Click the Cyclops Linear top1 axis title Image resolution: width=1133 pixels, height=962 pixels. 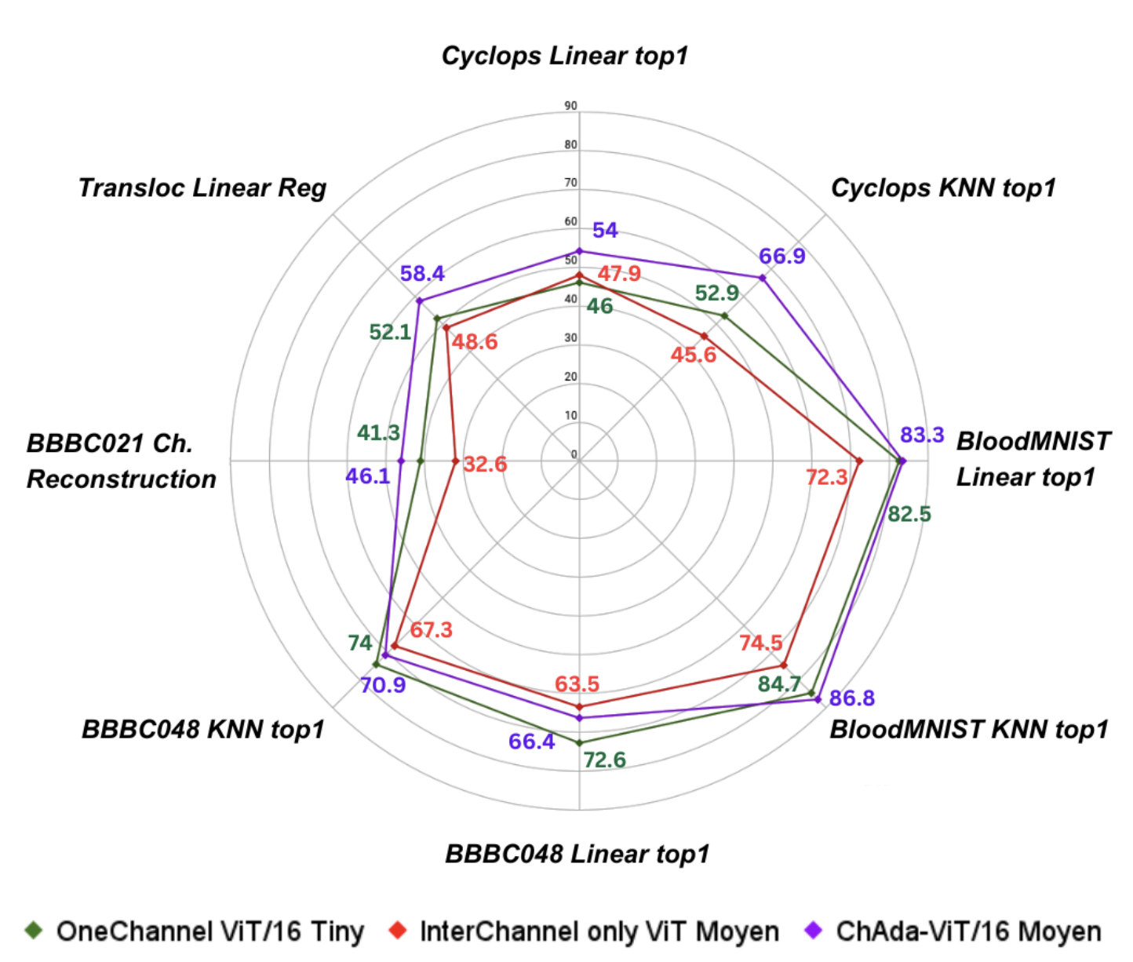pos(564,56)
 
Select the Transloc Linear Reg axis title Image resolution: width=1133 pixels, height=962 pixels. pos(202,188)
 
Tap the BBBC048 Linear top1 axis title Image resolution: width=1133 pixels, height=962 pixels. pos(577,854)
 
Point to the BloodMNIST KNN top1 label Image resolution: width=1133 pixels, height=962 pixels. pos(968,730)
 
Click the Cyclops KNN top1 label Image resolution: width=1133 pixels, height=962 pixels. pos(943,188)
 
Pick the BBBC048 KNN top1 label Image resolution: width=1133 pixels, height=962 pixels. pos(202,730)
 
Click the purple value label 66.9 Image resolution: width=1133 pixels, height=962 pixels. pos(781,257)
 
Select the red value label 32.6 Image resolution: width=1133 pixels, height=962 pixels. pos(485,465)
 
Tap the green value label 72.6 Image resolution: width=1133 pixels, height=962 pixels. pos(604,760)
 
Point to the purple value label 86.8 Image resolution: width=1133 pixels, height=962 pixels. pos(851,698)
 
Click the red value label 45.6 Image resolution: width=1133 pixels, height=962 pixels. pos(693,355)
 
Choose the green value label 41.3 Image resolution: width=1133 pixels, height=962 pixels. pos(378,432)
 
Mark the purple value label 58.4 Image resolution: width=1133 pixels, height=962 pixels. pos(422,274)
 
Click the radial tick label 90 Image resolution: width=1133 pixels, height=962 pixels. pos(570,106)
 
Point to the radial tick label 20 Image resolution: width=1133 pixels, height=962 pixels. pos(570,377)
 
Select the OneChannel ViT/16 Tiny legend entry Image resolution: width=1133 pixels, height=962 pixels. pos(195,931)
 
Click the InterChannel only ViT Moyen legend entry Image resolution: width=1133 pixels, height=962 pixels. pos(585,931)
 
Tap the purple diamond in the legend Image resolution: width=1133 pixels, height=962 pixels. pos(814,931)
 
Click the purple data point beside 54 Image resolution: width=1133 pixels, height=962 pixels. pos(579,251)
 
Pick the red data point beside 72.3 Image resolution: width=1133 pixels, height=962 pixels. pos(859,461)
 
